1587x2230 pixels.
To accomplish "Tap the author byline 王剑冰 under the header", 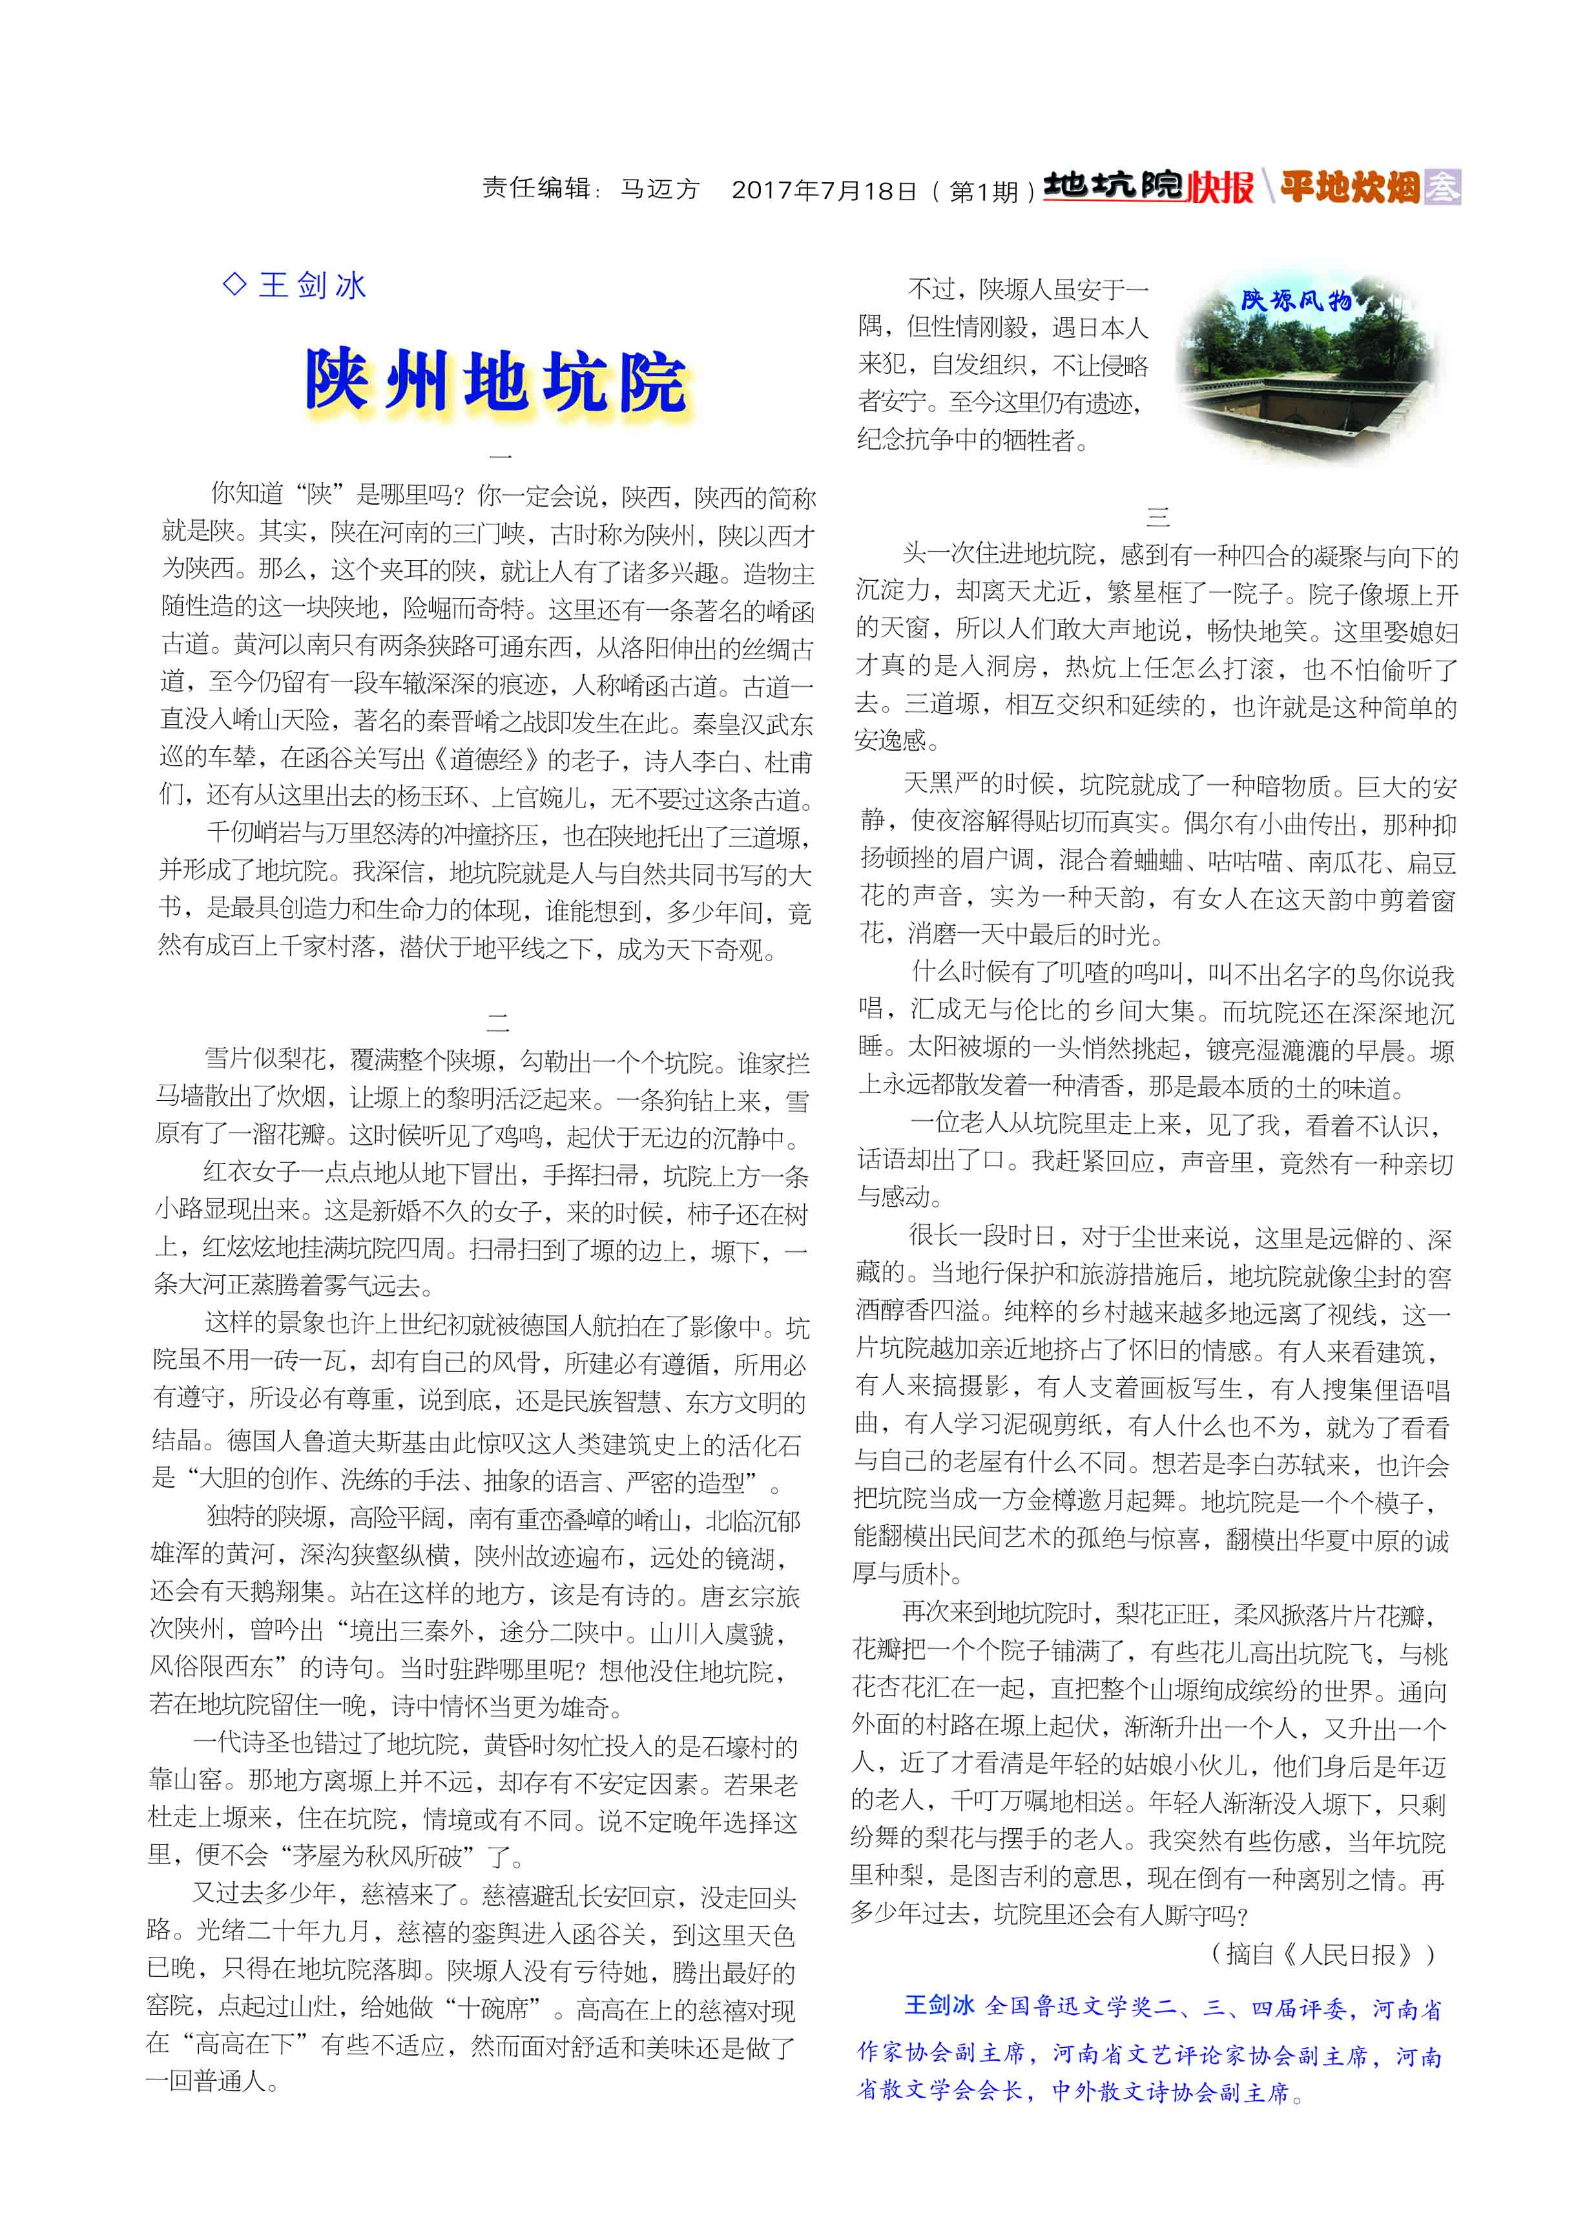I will pyautogui.click(x=313, y=286).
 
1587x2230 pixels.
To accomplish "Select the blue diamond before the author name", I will pyautogui.click(x=234, y=284).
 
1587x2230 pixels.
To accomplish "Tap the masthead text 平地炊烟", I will pyautogui.click(x=1349, y=187).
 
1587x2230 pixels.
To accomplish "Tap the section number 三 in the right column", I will pyautogui.click(x=1158, y=517).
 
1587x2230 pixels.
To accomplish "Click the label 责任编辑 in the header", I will pyautogui.click(x=535, y=189).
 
